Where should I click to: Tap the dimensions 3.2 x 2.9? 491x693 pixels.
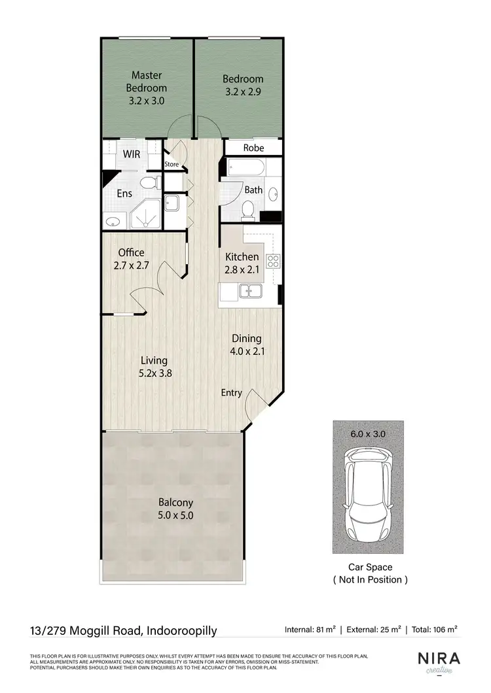[242, 92]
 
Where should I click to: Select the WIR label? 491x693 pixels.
[132, 154]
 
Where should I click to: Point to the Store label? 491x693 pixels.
[172, 164]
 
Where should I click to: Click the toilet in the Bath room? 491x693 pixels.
[247, 209]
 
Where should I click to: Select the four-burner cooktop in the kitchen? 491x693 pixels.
[273, 262]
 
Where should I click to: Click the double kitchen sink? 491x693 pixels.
[251, 292]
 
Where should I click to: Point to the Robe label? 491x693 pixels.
[253, 148]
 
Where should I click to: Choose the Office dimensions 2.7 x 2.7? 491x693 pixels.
[131, 266]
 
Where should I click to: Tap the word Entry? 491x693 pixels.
[231, 393]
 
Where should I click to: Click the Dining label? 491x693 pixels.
[246, 339]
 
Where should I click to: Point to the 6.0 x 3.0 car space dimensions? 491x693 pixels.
[367, 433]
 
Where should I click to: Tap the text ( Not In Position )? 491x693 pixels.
[370, 579]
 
